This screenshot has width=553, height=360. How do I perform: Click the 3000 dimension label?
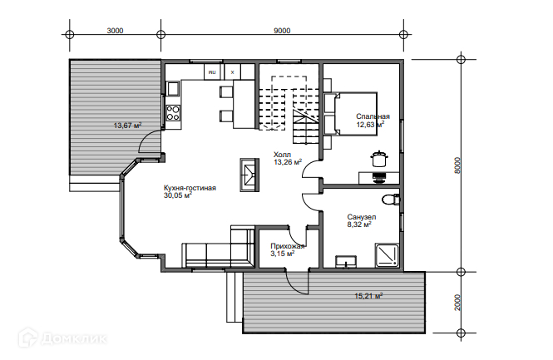point(115,31)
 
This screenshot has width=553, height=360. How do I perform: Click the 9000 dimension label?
point(282,31)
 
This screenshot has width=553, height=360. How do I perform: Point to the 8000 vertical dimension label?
point(457,165)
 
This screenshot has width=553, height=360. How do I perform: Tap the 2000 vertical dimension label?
point(457,302)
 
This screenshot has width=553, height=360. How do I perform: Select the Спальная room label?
point(373,116)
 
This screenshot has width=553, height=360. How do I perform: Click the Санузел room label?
point(362,217)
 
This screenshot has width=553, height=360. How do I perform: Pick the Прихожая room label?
point(288,246)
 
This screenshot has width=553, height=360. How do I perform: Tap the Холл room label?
point(282,155)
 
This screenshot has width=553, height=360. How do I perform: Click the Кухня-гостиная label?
point(190,188)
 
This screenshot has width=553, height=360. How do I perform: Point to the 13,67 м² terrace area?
point(128,126)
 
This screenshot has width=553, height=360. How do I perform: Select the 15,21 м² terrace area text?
point(368,296)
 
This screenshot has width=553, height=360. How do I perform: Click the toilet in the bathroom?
point(391,200)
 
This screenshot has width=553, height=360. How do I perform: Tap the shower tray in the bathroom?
point(387,255)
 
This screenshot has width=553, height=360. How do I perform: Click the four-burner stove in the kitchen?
point(173,113)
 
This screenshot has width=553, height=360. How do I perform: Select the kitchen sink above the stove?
point(173,88)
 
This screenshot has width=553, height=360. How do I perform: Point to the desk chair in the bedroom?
point(379,177)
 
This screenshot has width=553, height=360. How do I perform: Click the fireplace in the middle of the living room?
point(249,175)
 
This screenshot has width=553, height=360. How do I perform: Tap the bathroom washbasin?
point(346,262)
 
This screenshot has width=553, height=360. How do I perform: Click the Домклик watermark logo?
point(62,338)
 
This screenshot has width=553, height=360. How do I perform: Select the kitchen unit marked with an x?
point(232,72)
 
